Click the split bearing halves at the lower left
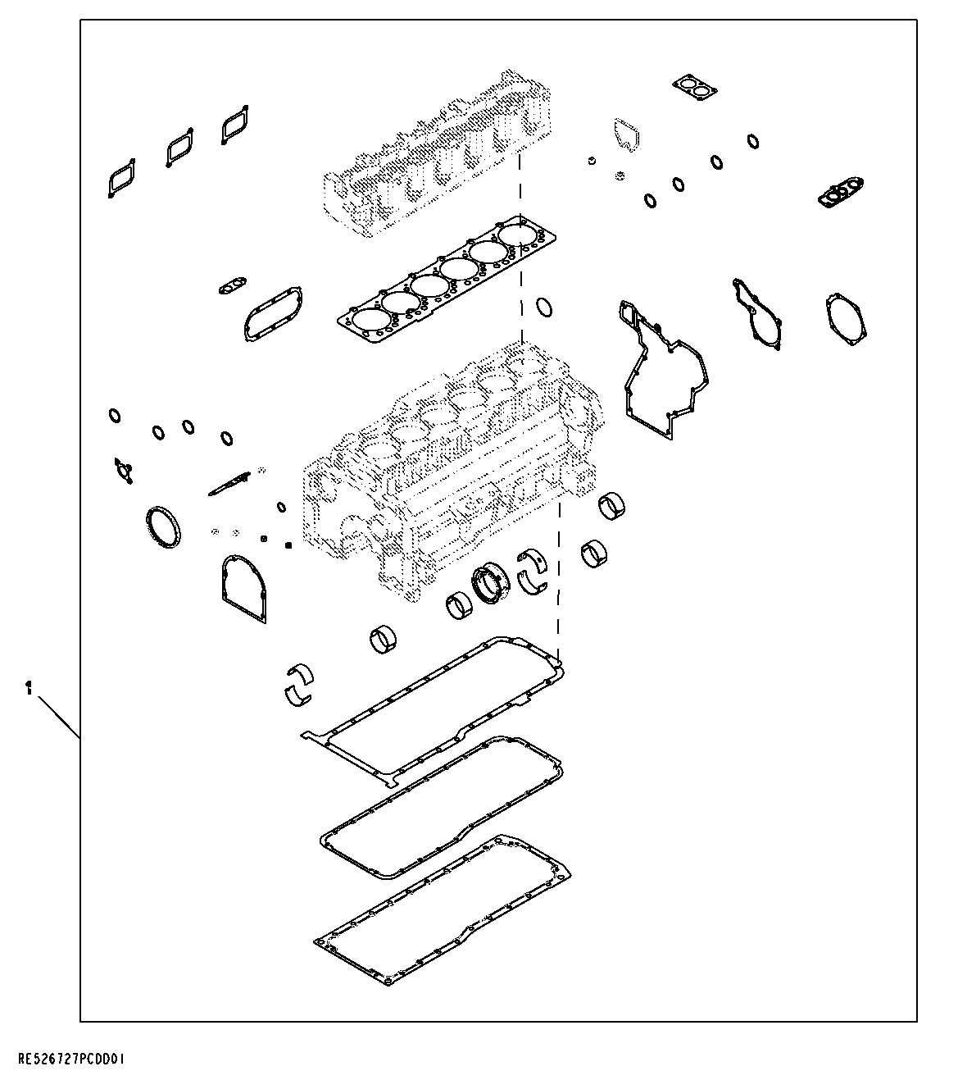click(x=298, y=683)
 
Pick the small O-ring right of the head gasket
click(x=543, y=308)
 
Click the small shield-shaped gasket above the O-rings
click(x=625, y=135)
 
